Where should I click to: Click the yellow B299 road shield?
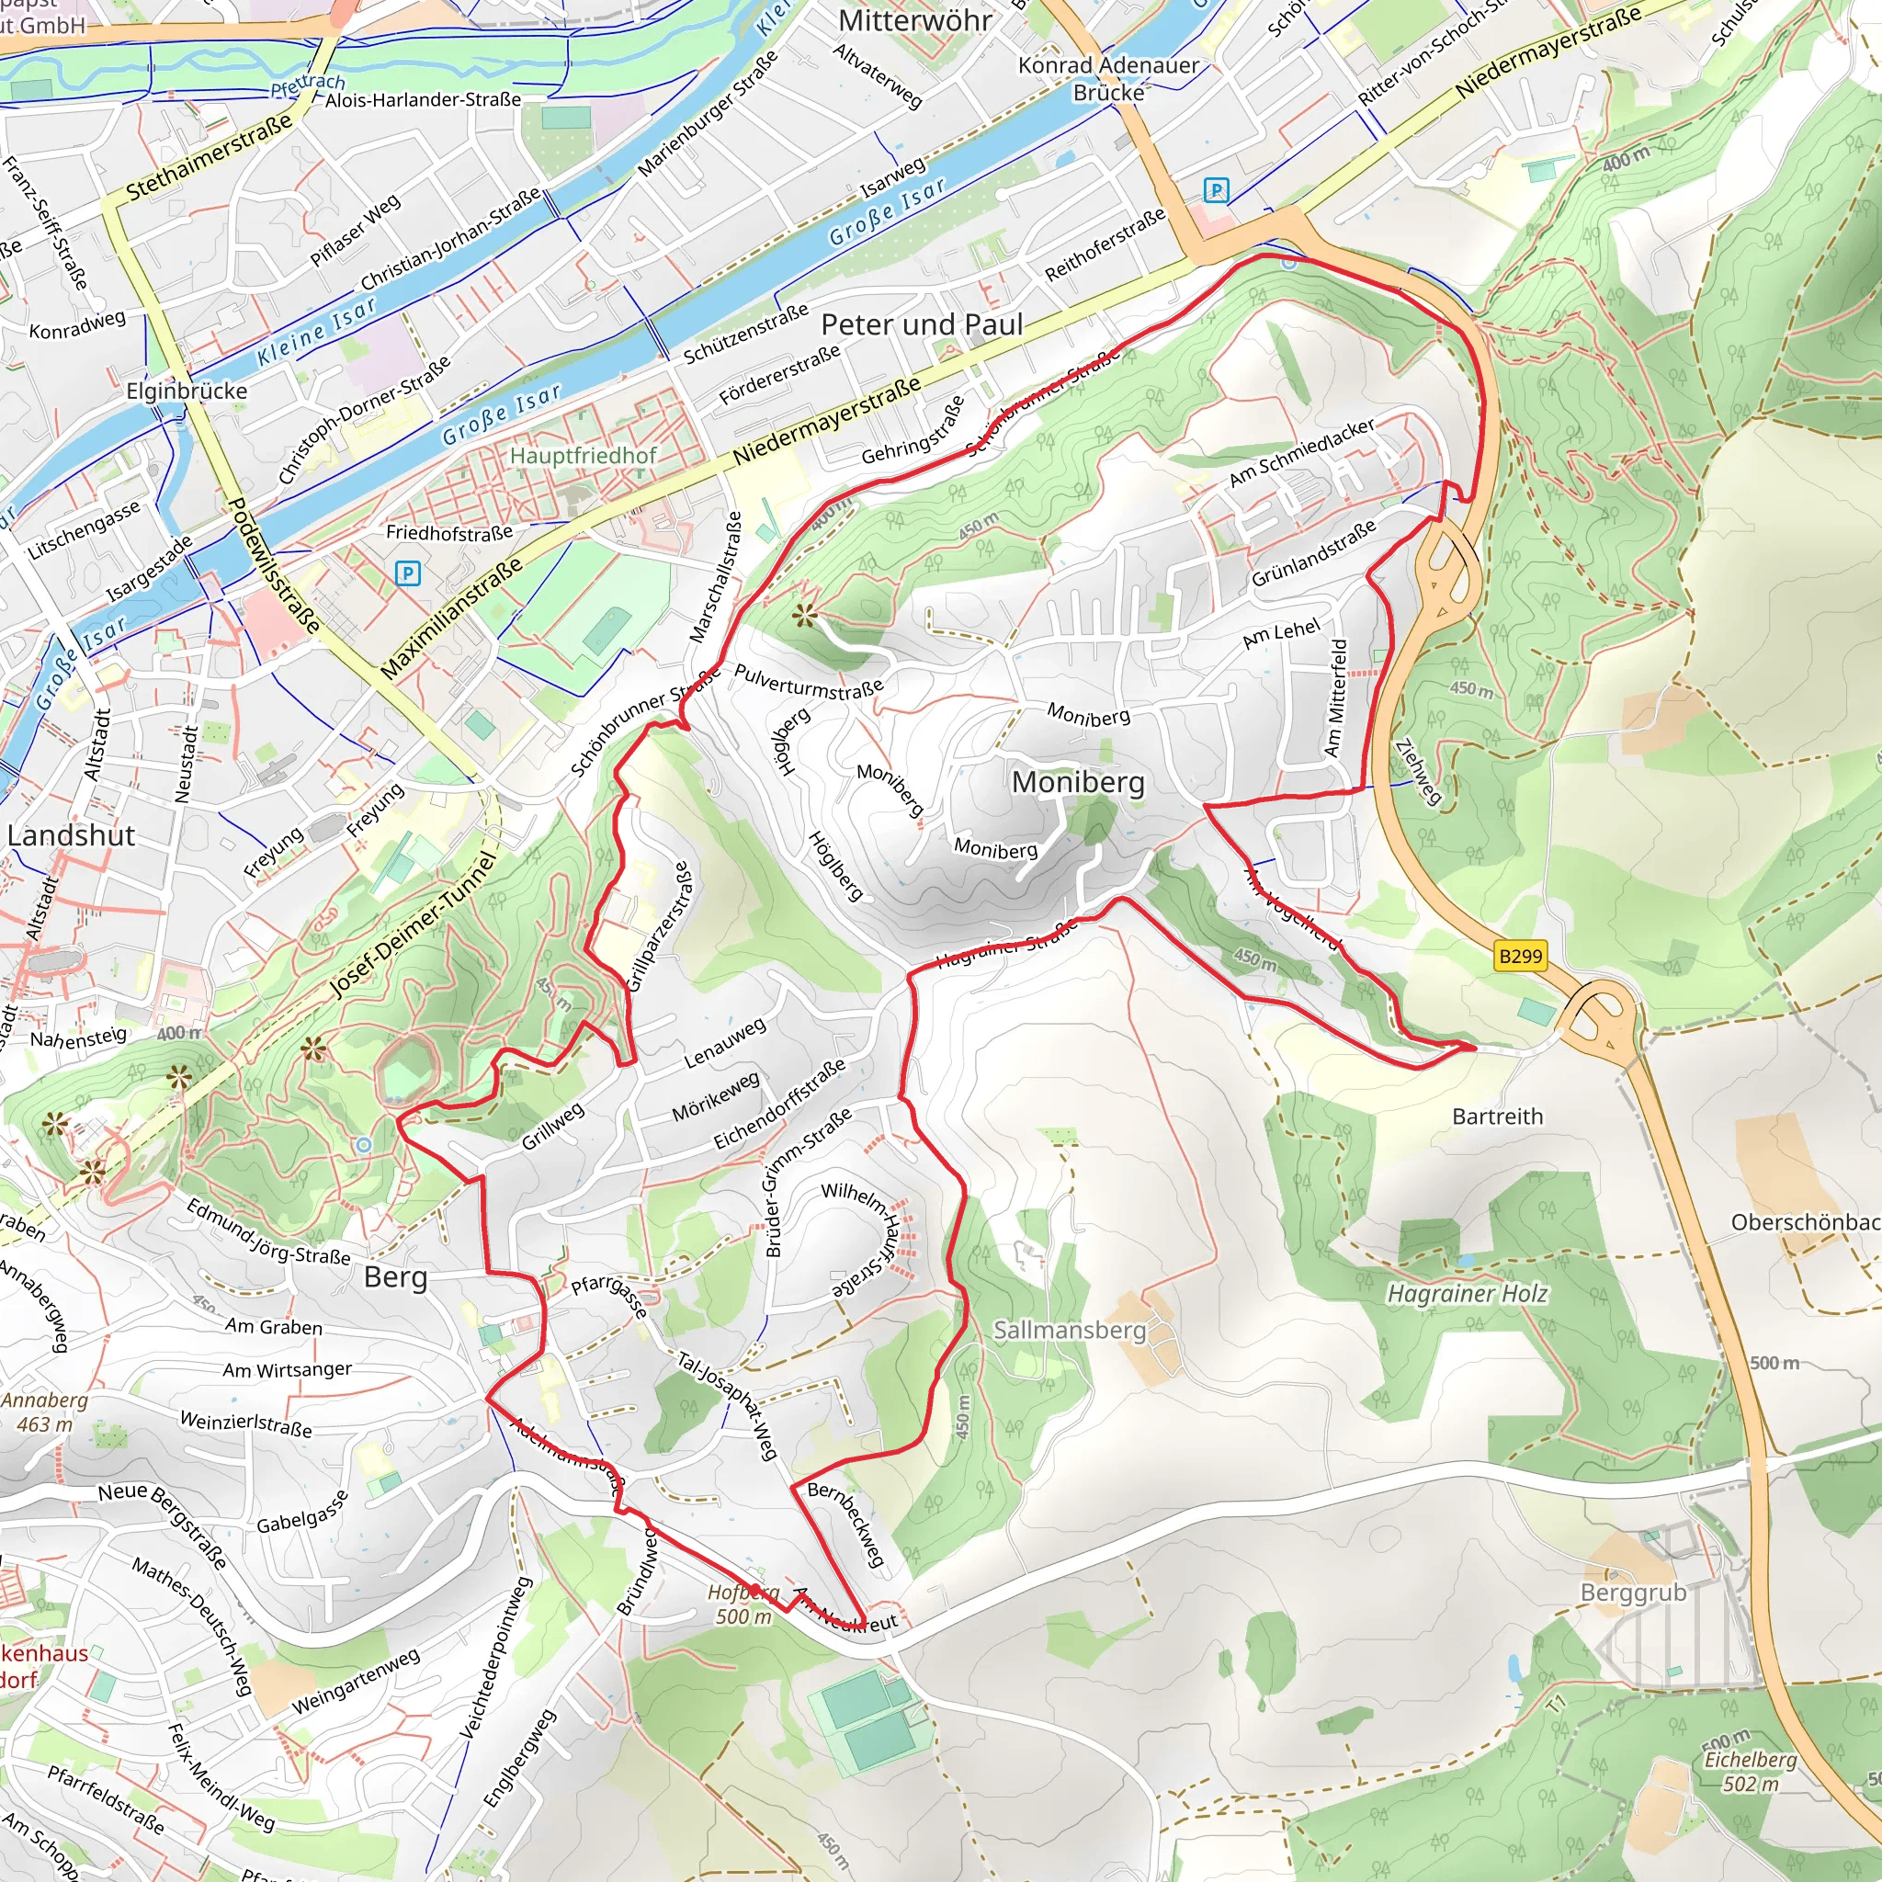pyautogui.click(x=1521, y=956)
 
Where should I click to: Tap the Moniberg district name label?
pyautogui.click(x=1077, y=781)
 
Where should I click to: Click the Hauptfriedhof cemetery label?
pyautogui.click(x=583, y=455)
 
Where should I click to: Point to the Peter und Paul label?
pyautogui.click(x=922, y=324)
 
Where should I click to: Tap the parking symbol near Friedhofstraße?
pyautogui.click(x=408, y=573)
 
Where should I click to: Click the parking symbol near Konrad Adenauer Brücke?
pyautogui.click(x=1216, y=190)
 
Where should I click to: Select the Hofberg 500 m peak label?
pyautogui.click(x=743, y=1604)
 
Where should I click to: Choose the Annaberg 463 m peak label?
pyautogui.click(x=45, y=1411)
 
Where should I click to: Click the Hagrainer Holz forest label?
pyautogui.click(x=1467, y=1294)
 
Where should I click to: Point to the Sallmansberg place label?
pyautogui.click(x=1070, y=1330)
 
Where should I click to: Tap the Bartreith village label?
pyautogui.click(x=1497, y=1117)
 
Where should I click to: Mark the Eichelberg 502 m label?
pyautogui.click(x=1751, y=1771)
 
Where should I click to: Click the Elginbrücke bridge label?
pyautogui.click(x=187, y=391)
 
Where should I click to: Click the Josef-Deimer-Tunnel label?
pyautogui.click(x=413, y=924)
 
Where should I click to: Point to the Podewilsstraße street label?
pyautogui.click(x=274, y=565)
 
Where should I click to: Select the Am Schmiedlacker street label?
pyautogui.click(x=1301, y=452)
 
